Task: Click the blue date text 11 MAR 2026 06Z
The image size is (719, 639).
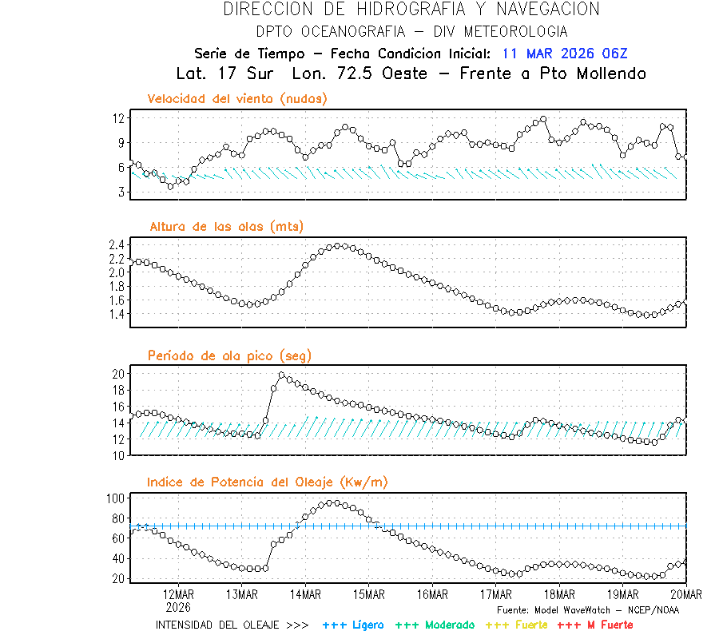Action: click(x=565, y=54)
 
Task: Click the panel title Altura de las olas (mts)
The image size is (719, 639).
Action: click(x=227, y=227)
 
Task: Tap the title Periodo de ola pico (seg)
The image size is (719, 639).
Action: click(x=229, y=355)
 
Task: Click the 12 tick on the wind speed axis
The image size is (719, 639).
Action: click(x=119, y=118)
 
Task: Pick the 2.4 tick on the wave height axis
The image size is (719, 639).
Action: click(x=116, y=244)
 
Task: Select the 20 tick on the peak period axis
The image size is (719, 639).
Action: click(x=118, y=374)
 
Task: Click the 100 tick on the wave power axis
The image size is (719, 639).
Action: click(x=116, y=498)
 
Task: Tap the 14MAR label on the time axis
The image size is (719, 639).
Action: click(x=306, y=594)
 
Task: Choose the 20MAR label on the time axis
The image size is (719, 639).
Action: click(x=686, y=594)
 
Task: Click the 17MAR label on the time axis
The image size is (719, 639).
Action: click(x=496, y=594)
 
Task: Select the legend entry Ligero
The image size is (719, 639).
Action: click(x=353, y=625)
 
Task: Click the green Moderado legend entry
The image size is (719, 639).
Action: click(x=435, y=625)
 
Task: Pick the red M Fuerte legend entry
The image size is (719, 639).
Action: click(x=594, y=625)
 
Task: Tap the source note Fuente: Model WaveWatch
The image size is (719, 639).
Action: click(x=587, y=609)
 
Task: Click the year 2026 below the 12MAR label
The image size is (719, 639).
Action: click(x=178, y=606)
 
